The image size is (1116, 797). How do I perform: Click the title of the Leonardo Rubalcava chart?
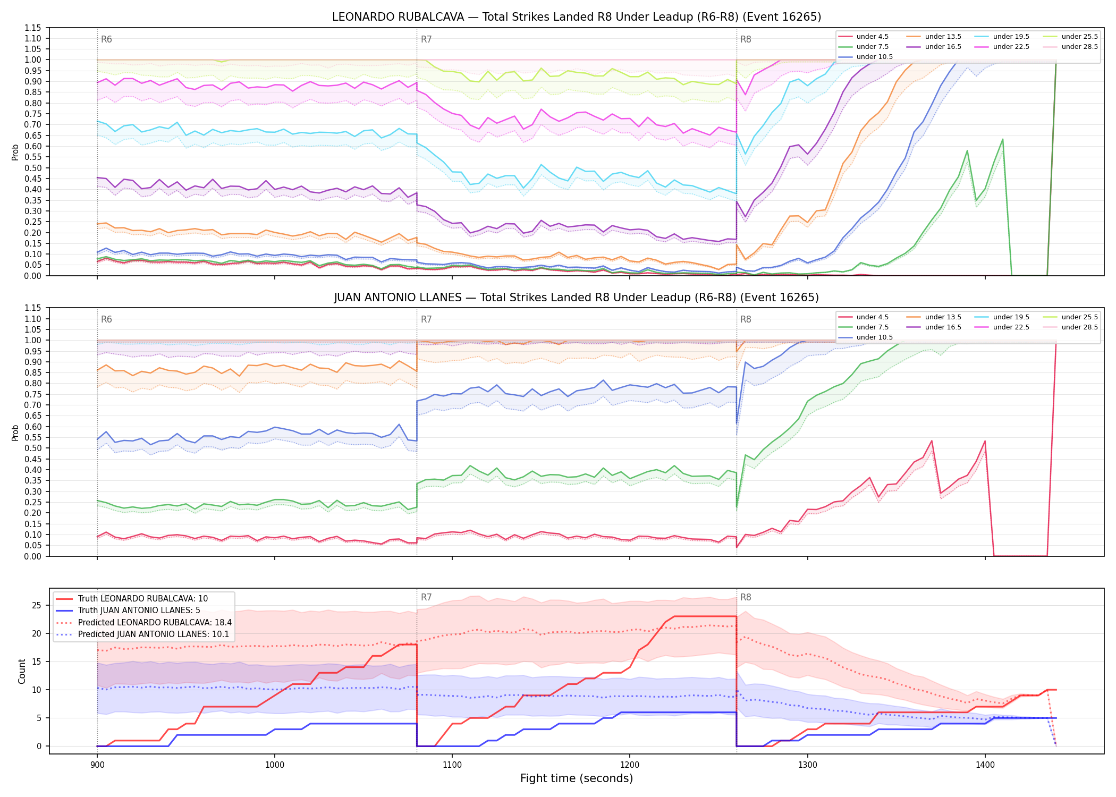(x=577, y=17)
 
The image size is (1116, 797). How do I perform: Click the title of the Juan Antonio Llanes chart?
(x=577, y=298)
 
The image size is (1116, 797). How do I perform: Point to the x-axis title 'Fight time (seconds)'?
(x=577, y=778)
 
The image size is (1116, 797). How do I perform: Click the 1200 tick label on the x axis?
(x=630, y=765)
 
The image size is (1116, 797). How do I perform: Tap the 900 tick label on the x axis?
(x=97, y=765)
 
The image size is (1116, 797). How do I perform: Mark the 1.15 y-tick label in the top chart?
(x=33, y=28)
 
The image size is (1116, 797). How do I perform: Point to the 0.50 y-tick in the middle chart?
(x=33, y=448)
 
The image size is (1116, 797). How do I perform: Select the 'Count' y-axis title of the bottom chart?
(x=22, y=671)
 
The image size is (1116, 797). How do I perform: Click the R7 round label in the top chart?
(x=426, y=39)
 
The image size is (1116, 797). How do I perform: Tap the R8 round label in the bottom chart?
(x=746, y=597)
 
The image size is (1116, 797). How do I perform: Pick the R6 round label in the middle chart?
(x=106, y=319)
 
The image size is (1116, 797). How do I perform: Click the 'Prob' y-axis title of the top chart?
(x=15, y=152)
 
